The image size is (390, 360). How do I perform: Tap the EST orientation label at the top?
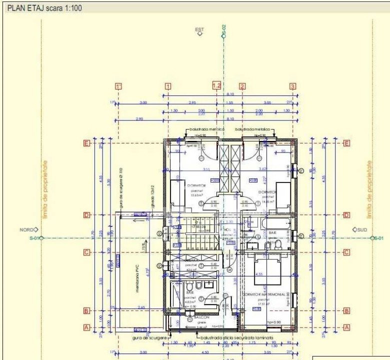[x=200, y=30]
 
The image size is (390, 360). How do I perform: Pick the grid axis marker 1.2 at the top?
[x=216, y=85]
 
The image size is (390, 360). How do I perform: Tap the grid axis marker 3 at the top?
[x=292, y=86]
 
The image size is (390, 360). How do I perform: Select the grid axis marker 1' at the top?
[x=118, y=86]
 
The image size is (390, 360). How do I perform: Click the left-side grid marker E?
[x=86, y=143]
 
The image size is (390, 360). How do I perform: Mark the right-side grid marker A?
[x=347, y=327]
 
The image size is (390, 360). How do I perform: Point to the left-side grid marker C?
[x=86, y=252]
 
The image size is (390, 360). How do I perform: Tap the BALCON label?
[x=202, y=317]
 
